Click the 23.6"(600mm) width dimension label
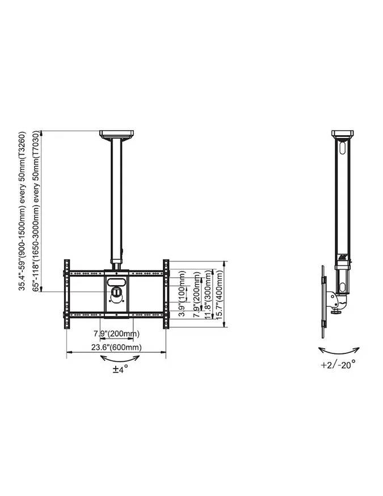click(x=116, y=347)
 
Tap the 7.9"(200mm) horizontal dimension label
click(x=116, y=334)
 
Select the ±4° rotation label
click(x=120, y=369)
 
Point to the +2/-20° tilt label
click(x=338, y=365)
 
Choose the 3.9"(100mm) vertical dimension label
click(x=182, y=294)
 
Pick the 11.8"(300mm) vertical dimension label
click(x=208, y=294)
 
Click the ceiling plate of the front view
click(x=116, y=134)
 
